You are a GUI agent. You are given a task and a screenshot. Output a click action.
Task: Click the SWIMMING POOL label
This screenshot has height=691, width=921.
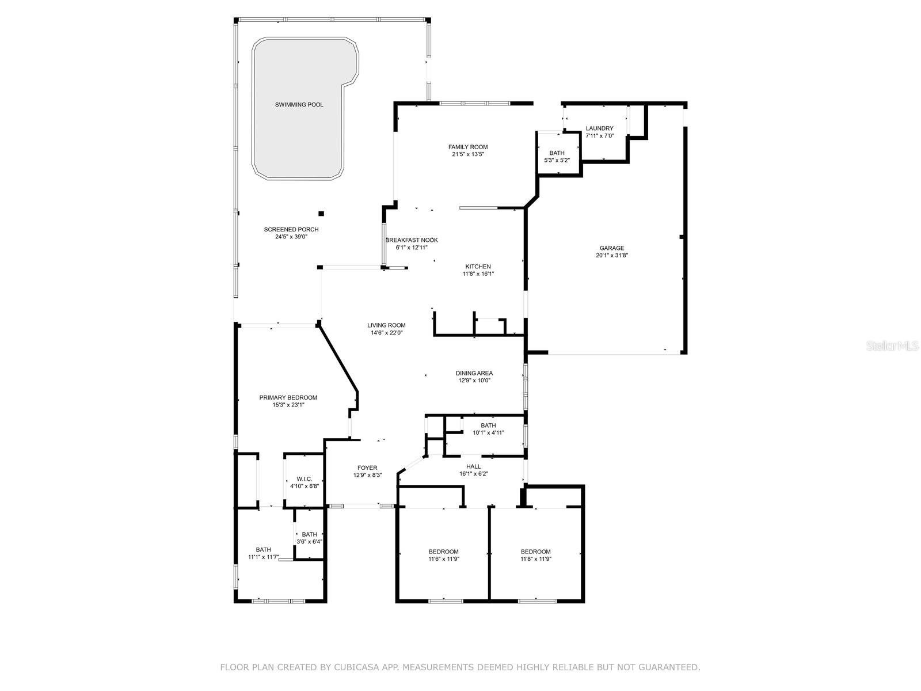299,104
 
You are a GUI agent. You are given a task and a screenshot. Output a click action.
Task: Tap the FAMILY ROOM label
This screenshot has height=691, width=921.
468,147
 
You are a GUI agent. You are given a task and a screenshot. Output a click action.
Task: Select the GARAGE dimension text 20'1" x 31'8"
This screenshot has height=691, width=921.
612,255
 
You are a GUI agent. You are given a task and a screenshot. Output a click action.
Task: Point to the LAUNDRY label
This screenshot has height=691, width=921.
600,128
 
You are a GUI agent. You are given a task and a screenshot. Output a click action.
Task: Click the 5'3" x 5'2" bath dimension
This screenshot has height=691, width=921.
557,160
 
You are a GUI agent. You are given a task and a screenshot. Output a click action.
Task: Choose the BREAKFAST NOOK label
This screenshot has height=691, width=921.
412,240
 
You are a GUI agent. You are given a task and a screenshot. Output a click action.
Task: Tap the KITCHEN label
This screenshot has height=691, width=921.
478,267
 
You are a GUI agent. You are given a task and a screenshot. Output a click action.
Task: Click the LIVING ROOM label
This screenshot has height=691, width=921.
386,325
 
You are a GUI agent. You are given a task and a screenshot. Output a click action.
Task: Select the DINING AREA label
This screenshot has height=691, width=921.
474,373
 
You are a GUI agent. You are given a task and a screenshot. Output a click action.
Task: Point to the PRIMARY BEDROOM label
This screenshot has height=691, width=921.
288,398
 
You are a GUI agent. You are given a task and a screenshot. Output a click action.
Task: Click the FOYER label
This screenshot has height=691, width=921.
367,468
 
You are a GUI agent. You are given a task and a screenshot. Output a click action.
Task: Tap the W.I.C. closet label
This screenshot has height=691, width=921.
304,479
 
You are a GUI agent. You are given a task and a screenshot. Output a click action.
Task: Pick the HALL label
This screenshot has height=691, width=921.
474,466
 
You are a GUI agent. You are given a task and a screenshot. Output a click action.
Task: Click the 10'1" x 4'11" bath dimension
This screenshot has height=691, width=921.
488,432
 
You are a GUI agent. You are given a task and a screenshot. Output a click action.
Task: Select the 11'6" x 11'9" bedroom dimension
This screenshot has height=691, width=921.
444,559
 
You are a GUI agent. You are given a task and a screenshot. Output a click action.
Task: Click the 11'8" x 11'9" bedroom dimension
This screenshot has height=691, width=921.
536,559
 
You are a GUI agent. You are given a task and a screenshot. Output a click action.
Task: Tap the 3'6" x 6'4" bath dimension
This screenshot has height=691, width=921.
309,542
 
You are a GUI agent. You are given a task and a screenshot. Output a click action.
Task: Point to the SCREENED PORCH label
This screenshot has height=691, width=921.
291,230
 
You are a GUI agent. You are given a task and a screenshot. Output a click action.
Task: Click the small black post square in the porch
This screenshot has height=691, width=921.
321,214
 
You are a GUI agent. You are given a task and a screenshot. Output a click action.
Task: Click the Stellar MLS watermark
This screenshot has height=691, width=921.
892,345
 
